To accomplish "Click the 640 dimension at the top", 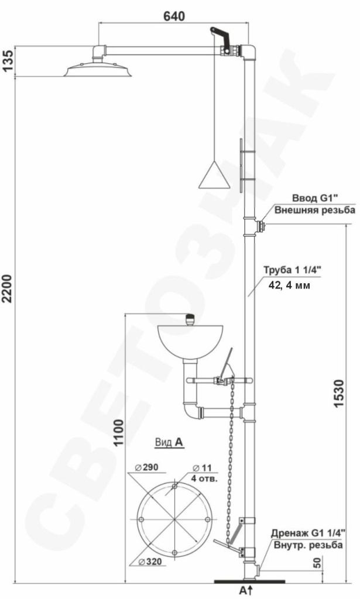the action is pos(174,16).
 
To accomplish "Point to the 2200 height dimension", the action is pos(8,288).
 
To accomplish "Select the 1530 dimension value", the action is pos(339,394).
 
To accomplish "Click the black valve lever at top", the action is pos(221,38).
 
